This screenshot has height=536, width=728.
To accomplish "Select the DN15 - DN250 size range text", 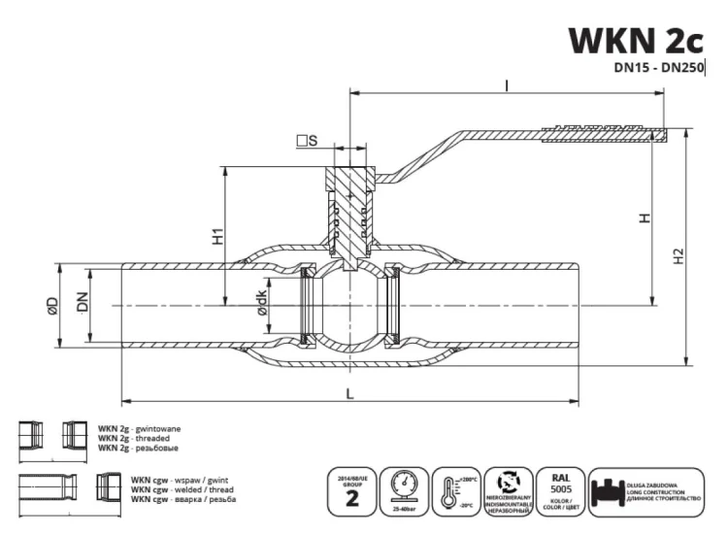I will (658, 68).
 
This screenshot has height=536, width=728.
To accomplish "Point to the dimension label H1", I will (218, 234).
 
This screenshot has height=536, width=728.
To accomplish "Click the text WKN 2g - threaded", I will (132, 438).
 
